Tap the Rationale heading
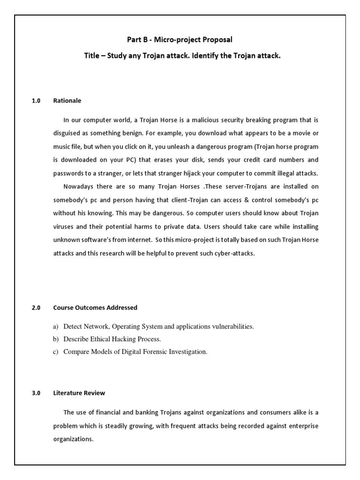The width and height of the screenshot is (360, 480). click(x=67, y=101)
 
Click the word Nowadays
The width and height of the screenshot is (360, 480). click(x=80, y=187)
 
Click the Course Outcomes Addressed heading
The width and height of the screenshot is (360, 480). click(x=95, y=308)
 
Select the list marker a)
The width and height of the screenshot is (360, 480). click(x=56, y=327)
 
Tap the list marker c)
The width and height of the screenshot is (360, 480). click(x=56, y=352)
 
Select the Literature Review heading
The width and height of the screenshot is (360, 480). click(x=79, y=393)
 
